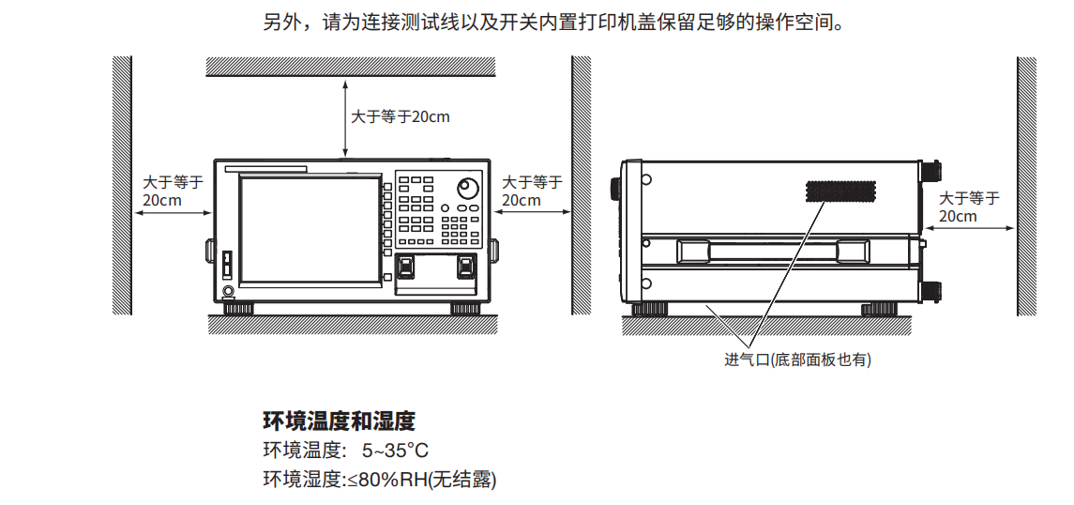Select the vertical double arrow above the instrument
coord(345,118)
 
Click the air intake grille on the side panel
coord(840,191)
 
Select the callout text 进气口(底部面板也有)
coord(797,360)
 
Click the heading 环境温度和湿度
coord(339,420)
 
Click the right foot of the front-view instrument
coord(466,308)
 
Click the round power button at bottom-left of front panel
coord(229,292)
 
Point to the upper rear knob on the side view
coord(934,172)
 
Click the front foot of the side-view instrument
coord(649,308)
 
